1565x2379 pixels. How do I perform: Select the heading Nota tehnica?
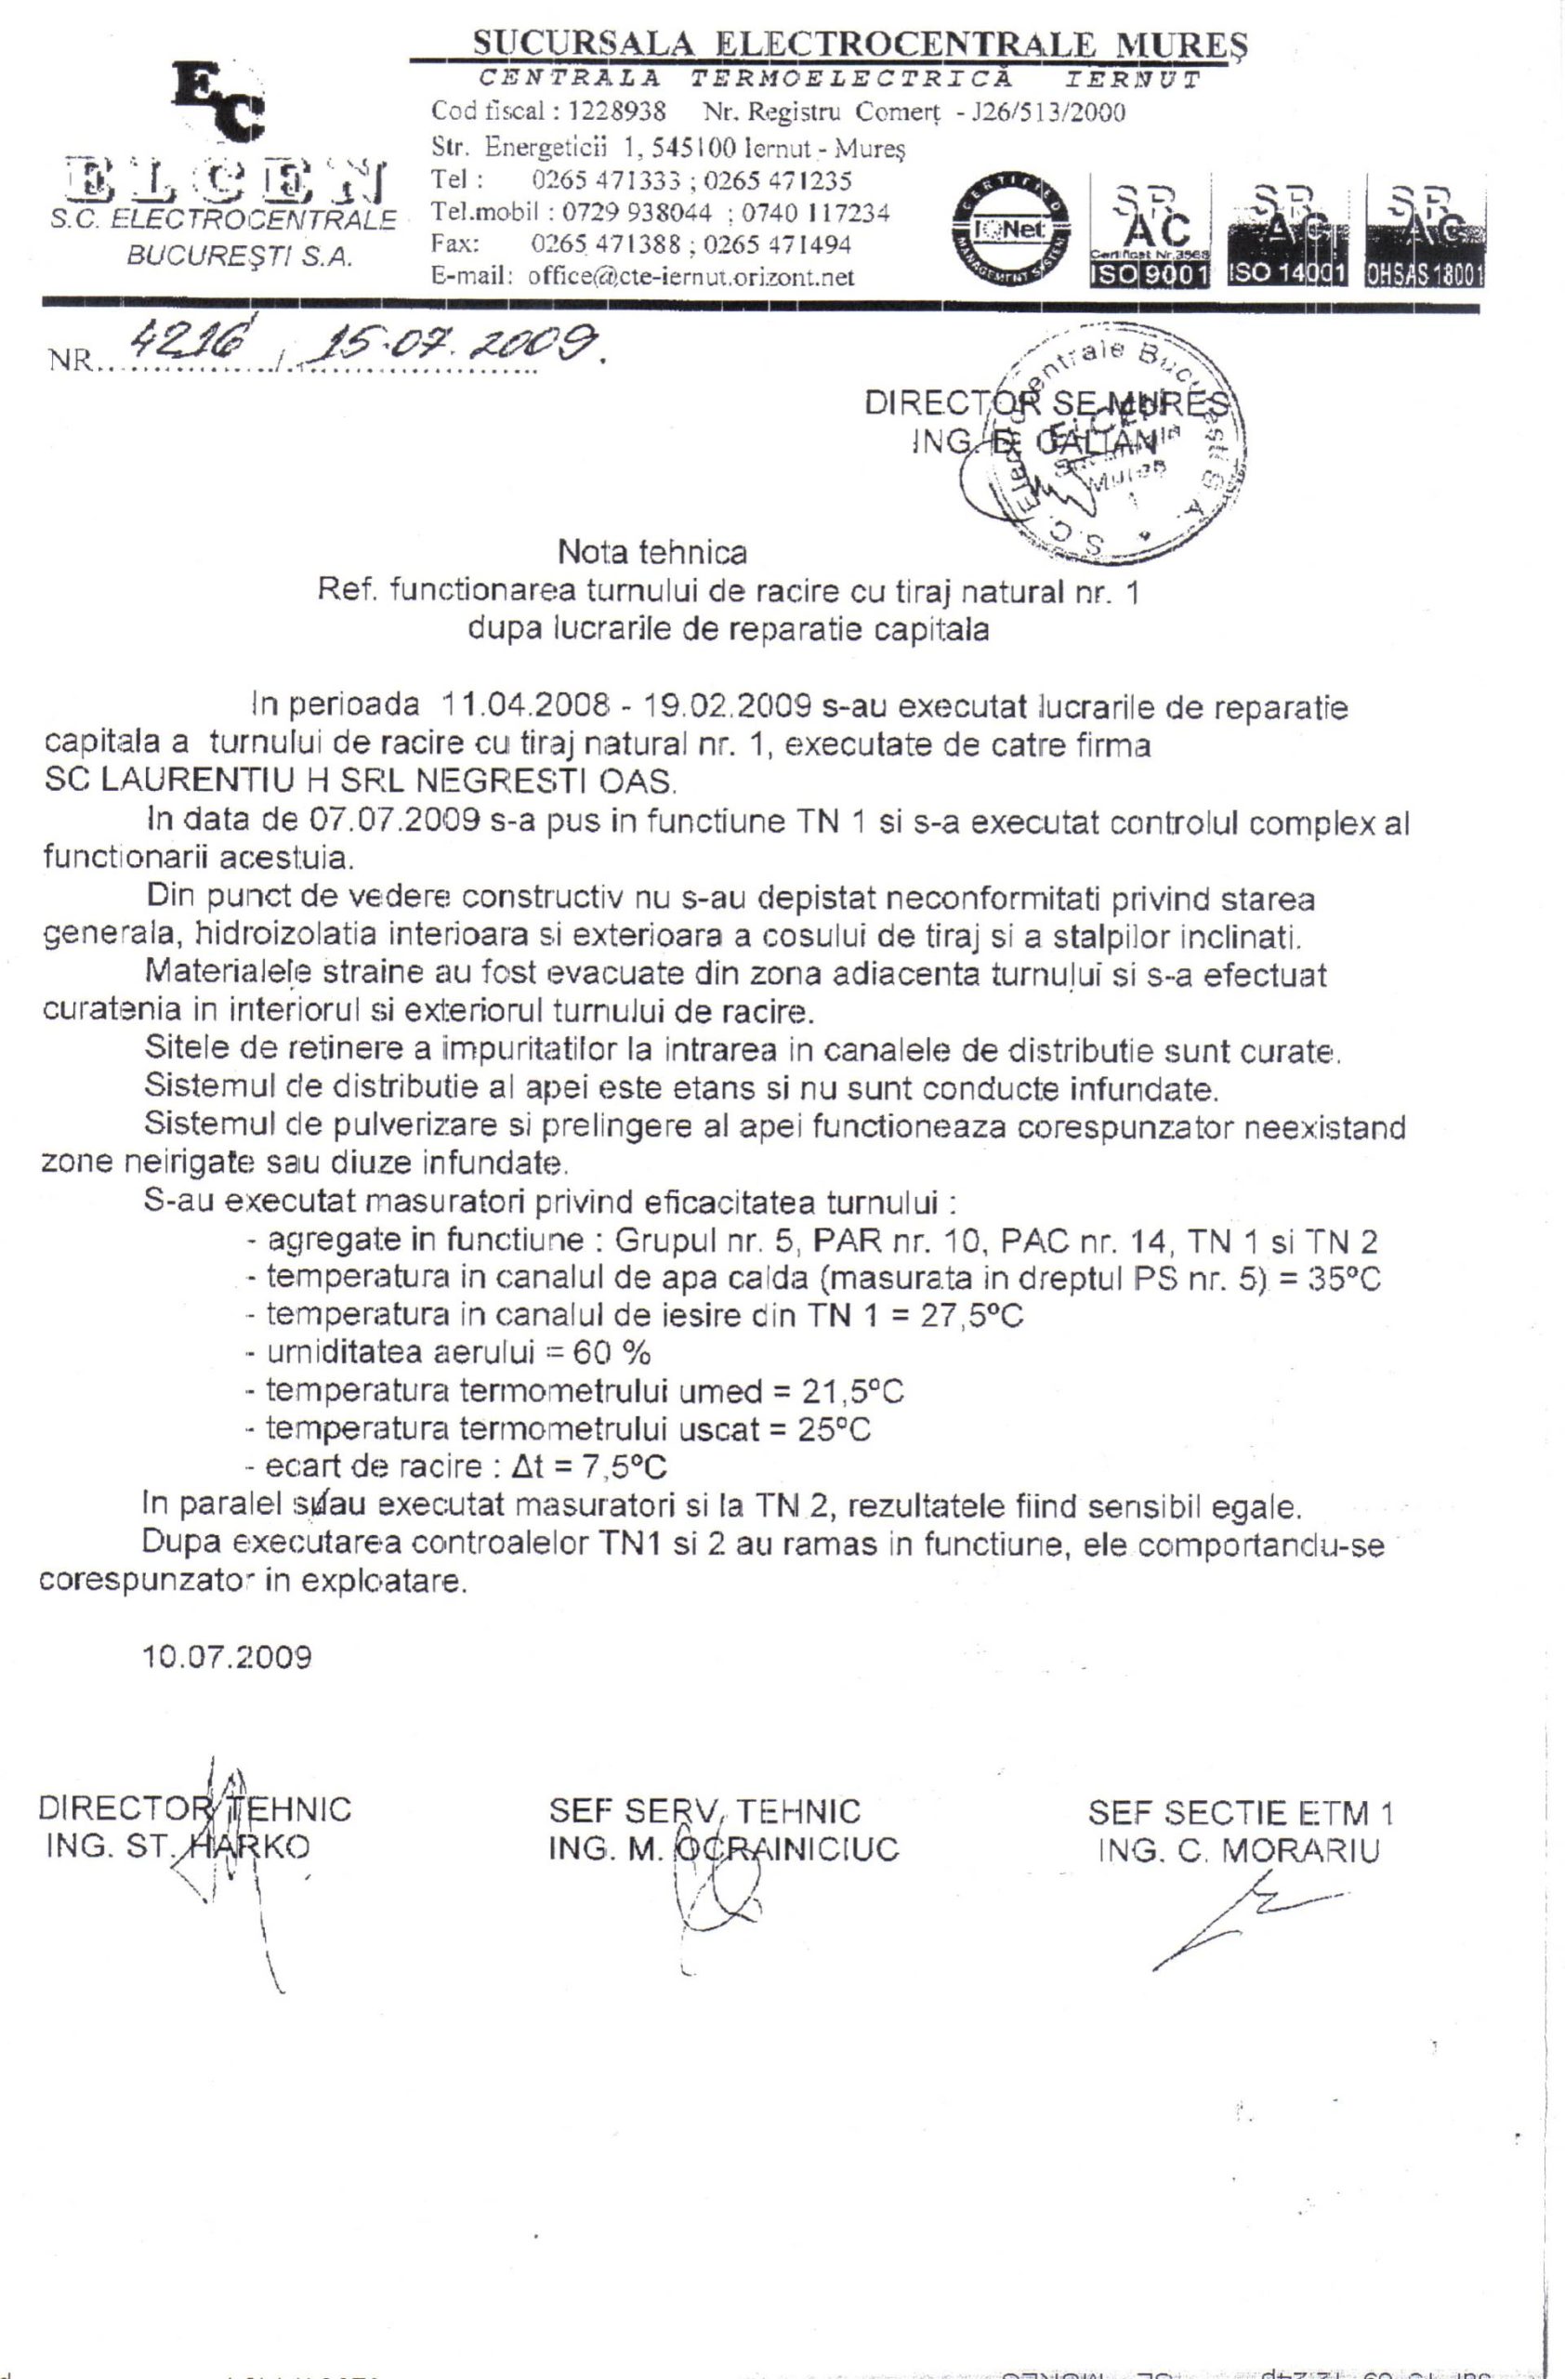(651, 552)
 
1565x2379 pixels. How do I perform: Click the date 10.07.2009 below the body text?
(227, 1657)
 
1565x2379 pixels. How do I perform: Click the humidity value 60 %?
(612, 1353)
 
